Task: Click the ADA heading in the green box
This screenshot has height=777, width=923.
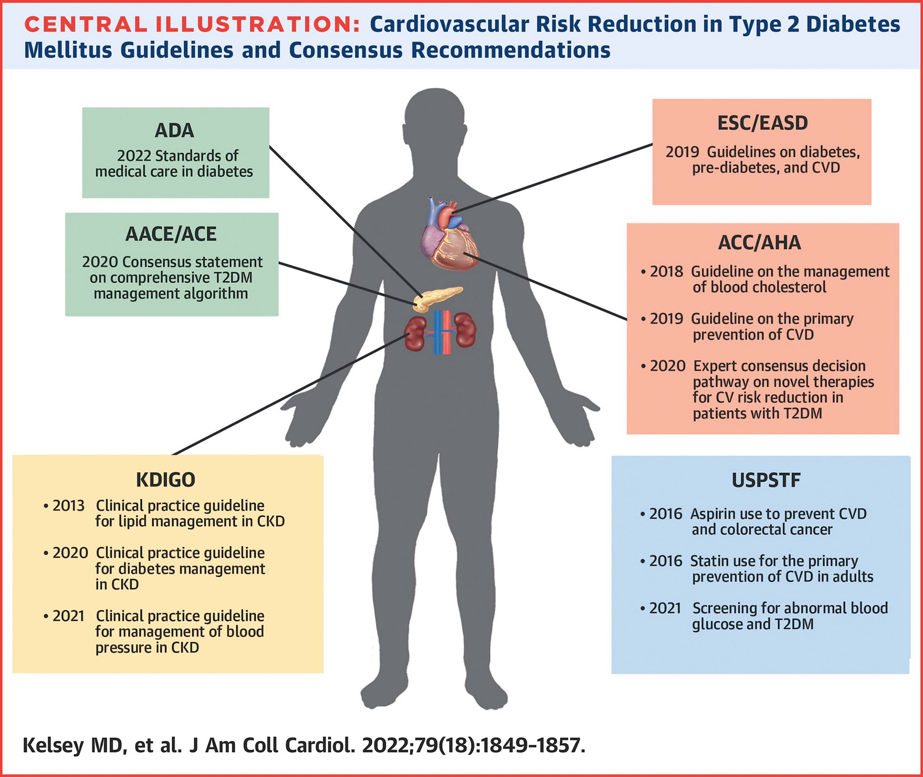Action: coord(174,131)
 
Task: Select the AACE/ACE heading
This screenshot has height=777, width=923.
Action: coord(171,235)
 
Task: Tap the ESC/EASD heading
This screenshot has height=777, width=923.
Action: coord(762,124)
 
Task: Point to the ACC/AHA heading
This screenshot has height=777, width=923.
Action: coord(760,243)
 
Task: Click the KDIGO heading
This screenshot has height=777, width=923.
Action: coord(166,480)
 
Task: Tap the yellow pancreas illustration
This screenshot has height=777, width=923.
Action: coord(436,298)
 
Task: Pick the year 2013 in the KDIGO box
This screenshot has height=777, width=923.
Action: coord(68,506)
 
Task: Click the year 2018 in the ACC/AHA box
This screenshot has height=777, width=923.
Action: coord(666,272)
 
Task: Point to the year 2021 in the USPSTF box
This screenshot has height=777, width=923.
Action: coord(665,609)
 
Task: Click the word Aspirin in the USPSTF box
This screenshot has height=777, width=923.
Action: coord(713,514)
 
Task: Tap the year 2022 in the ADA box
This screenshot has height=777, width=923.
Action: coord(134,156)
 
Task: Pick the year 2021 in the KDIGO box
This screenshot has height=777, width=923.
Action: coord(68,616)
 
